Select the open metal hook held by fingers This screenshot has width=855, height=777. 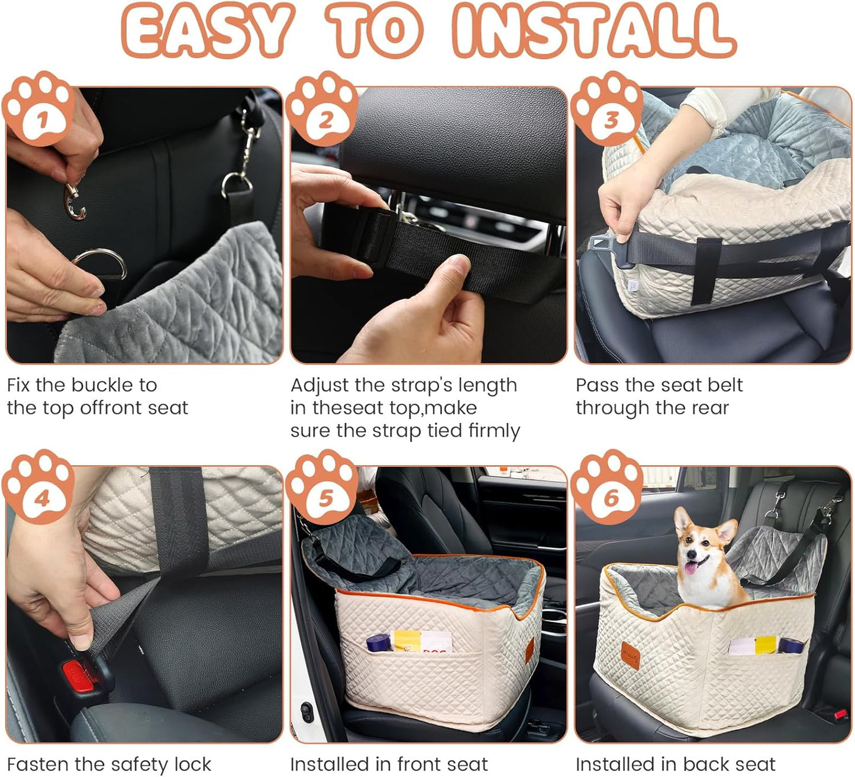(x=75, y=202)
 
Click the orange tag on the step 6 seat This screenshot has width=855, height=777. (x=630, y=655)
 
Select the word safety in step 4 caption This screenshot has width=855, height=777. (x=125, y=764)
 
